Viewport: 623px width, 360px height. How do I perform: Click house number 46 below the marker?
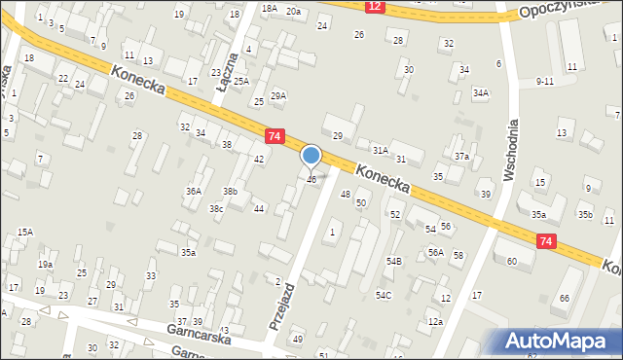(311, 180)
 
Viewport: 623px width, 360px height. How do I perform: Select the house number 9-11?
(545, 82)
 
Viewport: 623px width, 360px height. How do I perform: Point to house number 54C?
(384, 295)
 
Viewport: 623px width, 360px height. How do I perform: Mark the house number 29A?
(278, 95)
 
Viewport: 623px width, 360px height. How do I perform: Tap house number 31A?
(380, 150)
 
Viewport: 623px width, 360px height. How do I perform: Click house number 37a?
(461, 157)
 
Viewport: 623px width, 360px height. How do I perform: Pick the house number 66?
(565, 298)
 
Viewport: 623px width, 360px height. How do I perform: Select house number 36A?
(195, 192)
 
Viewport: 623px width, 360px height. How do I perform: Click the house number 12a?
(434, 322)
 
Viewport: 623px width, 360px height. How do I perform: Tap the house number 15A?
(25, 232)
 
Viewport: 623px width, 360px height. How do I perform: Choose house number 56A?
(435, 253)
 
